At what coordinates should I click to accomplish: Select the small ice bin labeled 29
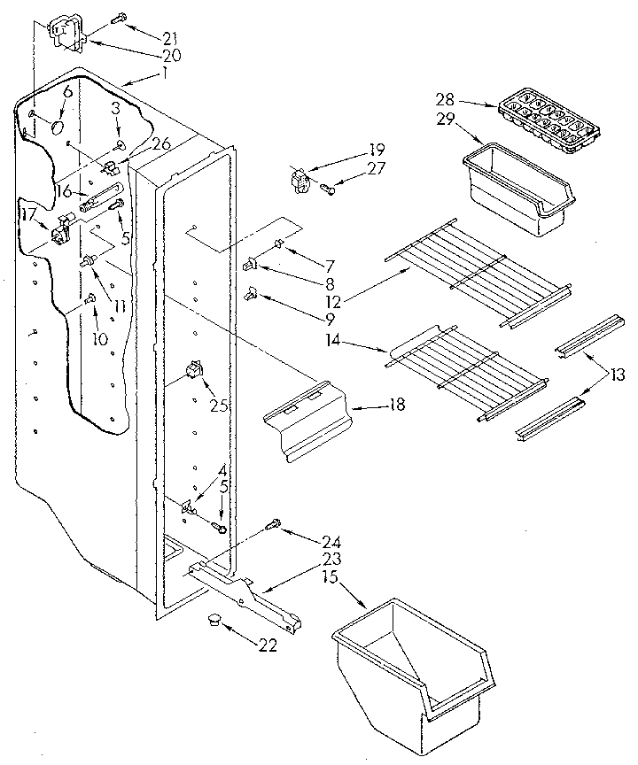click(x=517, y=187)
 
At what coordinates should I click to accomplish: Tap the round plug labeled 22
click(x=213, y=622)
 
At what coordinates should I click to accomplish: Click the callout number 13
click(x=618, y=375)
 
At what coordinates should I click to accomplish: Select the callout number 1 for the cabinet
click(x=163, y=74)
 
